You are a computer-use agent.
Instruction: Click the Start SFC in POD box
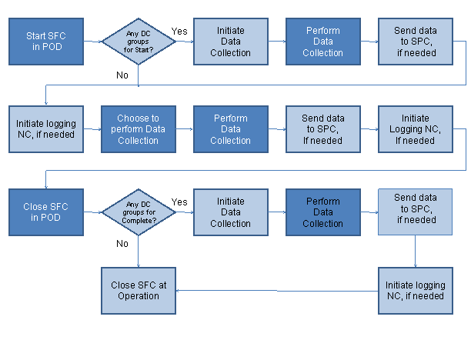(46, 42)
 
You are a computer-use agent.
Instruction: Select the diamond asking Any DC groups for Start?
(139, 42)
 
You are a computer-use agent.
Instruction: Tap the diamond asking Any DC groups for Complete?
(139, 212)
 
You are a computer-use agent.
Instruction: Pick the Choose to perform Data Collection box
(139, 129)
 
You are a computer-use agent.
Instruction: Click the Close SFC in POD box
(46, 212)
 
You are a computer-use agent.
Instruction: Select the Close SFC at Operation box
(139, 290)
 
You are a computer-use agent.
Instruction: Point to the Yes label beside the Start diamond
(179, 31)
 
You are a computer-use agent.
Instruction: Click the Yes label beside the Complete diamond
(179, 202)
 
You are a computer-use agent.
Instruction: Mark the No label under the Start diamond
(122, 75)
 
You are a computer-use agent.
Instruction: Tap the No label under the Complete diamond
(122, 243)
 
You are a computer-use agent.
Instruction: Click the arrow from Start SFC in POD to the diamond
(92, 42)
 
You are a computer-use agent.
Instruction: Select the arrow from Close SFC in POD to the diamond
(92, 212)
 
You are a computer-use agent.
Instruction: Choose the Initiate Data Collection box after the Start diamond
(230, 42)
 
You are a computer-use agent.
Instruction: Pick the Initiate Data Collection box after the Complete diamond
(230, 212)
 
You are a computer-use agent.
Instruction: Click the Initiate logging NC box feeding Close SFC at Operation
(415, 290)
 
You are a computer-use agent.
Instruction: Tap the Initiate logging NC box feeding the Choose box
(46, 129)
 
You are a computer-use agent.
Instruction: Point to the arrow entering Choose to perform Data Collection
(92, 129)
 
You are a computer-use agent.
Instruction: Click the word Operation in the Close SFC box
(139, 295)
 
